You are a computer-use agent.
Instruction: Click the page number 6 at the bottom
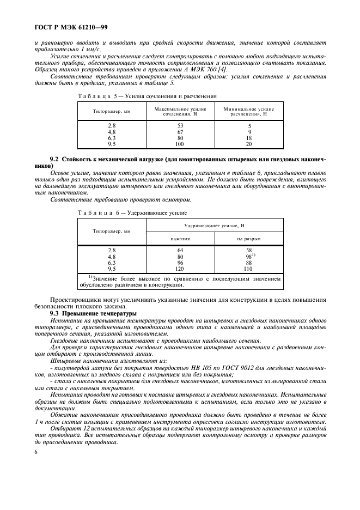36,453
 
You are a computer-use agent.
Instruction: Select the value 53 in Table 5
180,126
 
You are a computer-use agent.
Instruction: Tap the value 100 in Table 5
180,144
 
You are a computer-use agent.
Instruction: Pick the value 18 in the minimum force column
249,138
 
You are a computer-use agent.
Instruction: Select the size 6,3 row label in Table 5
112,138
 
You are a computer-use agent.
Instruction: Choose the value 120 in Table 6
180,269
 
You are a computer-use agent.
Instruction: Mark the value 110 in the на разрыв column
249,269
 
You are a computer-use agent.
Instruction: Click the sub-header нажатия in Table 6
180,239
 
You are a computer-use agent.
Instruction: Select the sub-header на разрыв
249,239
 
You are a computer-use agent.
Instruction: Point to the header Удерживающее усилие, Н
215,225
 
